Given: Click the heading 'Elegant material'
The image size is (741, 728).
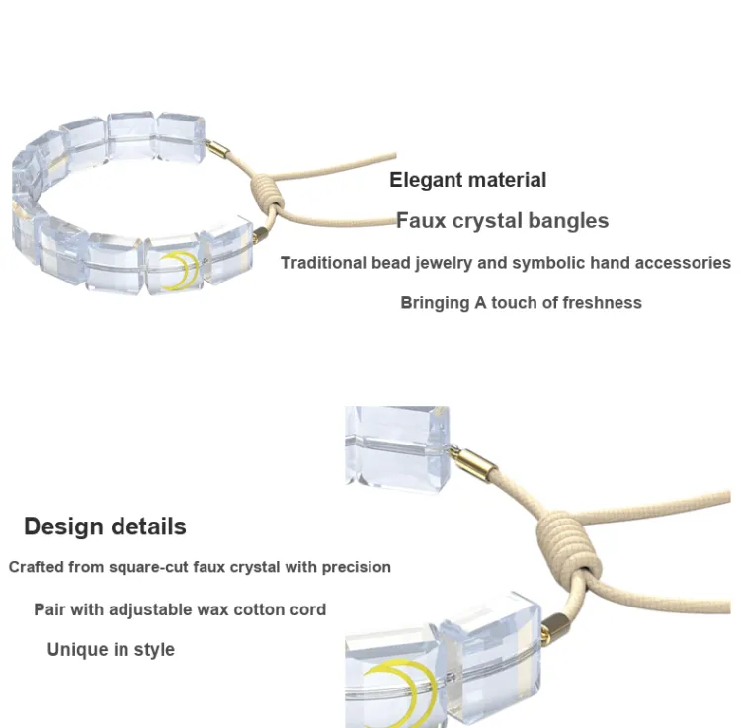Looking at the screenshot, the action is coord(468,180).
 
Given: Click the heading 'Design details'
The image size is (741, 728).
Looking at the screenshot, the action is coord(105,526).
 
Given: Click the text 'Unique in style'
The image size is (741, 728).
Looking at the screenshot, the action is coord(111,650).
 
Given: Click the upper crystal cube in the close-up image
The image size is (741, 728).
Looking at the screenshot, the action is coord(397,448).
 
